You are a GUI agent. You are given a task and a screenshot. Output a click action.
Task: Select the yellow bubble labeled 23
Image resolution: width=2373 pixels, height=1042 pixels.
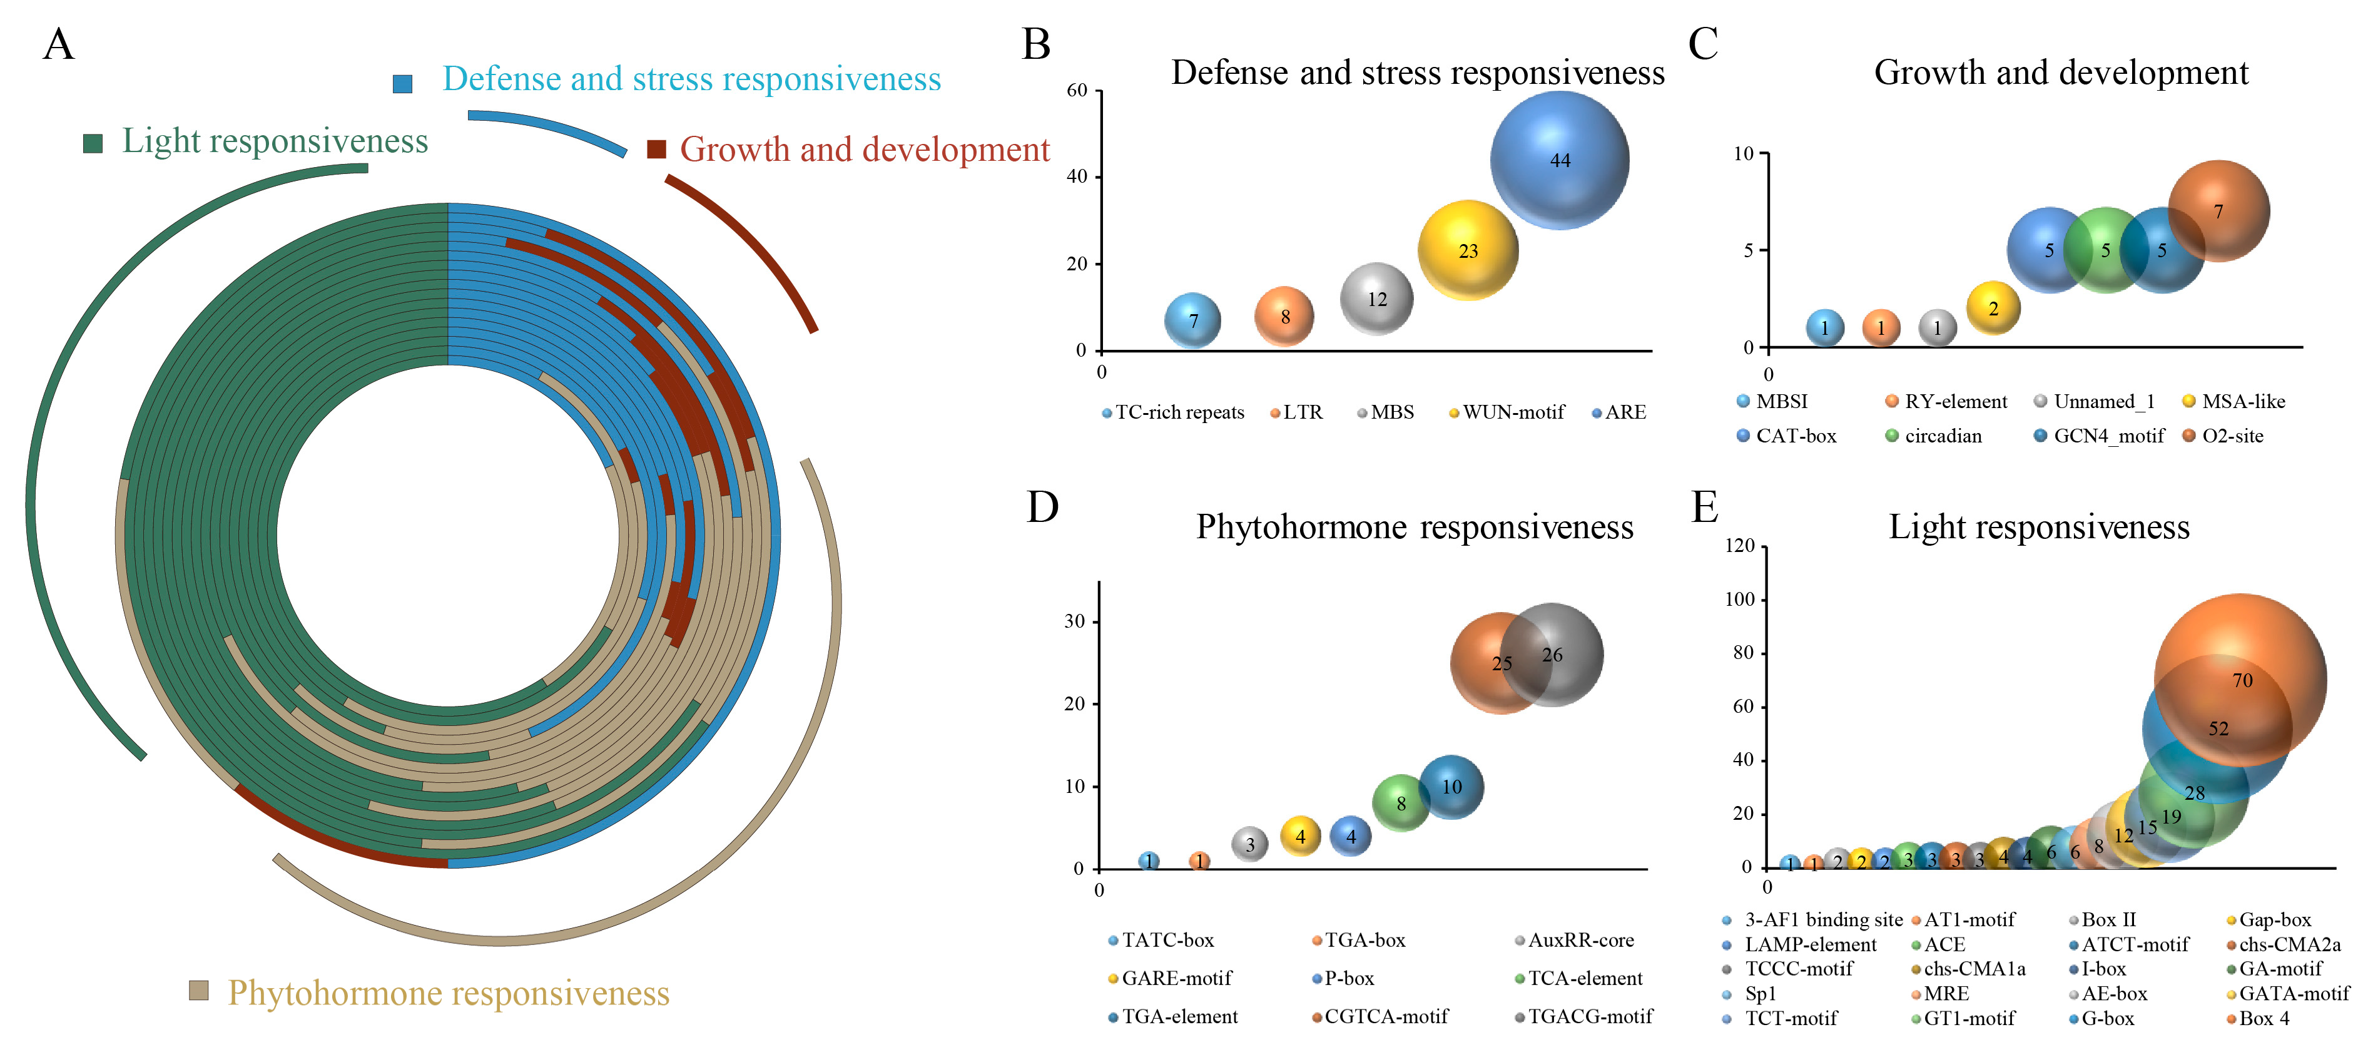click(1468, 250)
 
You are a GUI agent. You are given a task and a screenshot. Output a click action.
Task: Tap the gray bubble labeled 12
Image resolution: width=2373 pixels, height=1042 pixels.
click(1376, 299)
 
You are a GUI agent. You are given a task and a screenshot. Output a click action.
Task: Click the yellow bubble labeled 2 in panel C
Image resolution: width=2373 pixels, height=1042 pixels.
click(1993, 309)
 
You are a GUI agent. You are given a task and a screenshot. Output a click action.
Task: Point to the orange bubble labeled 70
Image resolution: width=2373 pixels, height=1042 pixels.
click(2241, 679)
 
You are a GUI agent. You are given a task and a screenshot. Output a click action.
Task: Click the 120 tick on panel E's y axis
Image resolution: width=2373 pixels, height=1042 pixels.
click(1739, 546)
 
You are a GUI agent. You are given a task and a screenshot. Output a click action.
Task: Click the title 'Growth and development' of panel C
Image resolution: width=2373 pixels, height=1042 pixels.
click(2061, 72)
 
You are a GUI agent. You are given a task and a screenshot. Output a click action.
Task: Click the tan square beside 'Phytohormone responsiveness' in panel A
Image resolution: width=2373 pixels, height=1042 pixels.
click(198, 991)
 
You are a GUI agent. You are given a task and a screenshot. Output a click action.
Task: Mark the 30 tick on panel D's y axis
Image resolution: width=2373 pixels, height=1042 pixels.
click(1074, 621)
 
